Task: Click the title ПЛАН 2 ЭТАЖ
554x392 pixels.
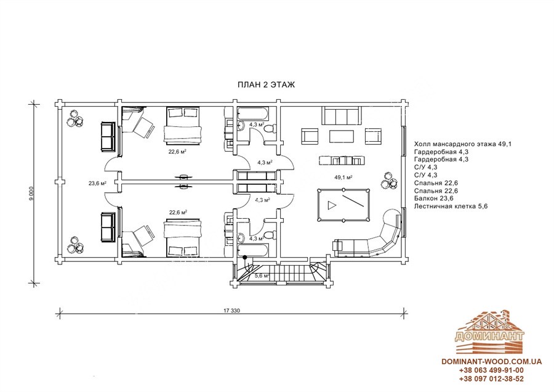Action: (266, 85)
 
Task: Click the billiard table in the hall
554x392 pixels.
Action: (343, 205)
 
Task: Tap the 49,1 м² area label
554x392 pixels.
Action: (343, 177)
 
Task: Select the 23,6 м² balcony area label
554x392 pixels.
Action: (97, 183)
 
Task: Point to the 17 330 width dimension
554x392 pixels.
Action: (232, 311)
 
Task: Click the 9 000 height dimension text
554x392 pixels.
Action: (31, 194)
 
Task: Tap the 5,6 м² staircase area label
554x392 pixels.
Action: (262, 276)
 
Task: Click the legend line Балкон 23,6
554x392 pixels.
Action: (434, 198)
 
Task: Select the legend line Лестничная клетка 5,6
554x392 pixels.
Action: (451, 206)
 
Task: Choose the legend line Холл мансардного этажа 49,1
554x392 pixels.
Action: (463, 144)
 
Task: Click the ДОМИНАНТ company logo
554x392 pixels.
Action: (490, 332)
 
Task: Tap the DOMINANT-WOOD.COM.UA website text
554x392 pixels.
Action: (491, 362)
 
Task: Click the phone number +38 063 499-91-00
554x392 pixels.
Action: (491, 370)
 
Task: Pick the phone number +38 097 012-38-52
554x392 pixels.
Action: (491, 379)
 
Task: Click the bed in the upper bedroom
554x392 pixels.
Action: (183, 125)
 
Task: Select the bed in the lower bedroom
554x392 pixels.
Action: (183, 238)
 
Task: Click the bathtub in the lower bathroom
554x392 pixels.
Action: (253, 250)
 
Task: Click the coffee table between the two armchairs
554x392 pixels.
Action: (341, 136)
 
